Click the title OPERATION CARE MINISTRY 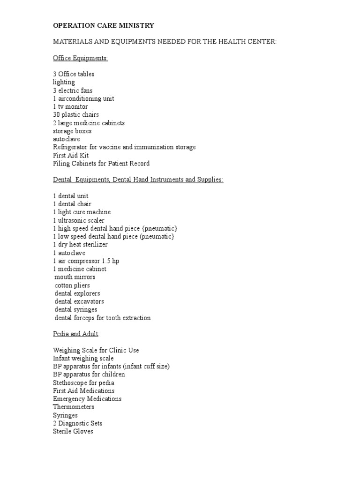click(x=104, y=25)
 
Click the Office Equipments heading click(x=81, y=58)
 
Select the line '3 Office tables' click(x=74, y=74)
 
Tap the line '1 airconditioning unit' click(x=83, y=98)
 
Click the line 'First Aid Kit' click(x=71, y=155)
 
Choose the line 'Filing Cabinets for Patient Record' click(x=101, y=164)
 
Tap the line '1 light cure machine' click(x=82, y=212)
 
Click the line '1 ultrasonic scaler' click(x=79, y=220)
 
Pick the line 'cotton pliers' click(x=72, y=285)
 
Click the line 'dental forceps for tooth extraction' click(x=103, y=318)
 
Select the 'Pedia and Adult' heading click(x=76, y=334)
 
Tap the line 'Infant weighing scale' click(x=83, y=358)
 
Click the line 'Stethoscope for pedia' click(x=83, y=382)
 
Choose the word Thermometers click(x=74, y=407)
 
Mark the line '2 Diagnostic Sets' click(x=78, y=423)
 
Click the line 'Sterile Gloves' click(x=73, y=431)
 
